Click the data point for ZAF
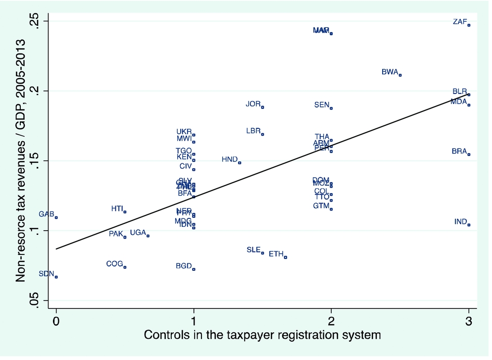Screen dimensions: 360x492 pyautogui.click(x=469, y=25)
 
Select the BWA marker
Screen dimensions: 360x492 pyautogui.click(x=400, y=75)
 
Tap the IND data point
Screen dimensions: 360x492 pyautogui.click(x=469, y=225)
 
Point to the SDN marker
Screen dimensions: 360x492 pyautogui.click(x=56, y=277)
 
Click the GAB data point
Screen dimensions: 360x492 pyautogui.click(x=56, y=217)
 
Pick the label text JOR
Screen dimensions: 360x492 pyautogui.click(x=253, y=104)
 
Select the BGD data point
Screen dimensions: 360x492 pyautogui.click(x=194, y=269)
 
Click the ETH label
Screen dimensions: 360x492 pyautogui.click(x=276, y=254)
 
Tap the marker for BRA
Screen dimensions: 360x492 pyautogui.click(x=469, y=154)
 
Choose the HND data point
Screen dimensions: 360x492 pyautogui.click(x=240, y=162)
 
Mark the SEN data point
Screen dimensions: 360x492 pyautogui.click(x=331, y=108)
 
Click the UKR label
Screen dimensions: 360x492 pyautogui.click(x=184, y=132)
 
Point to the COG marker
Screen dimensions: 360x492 pyautogui.click(x=125, y=267)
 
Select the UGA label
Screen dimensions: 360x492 pyautogui.click(x=138, y=232)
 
